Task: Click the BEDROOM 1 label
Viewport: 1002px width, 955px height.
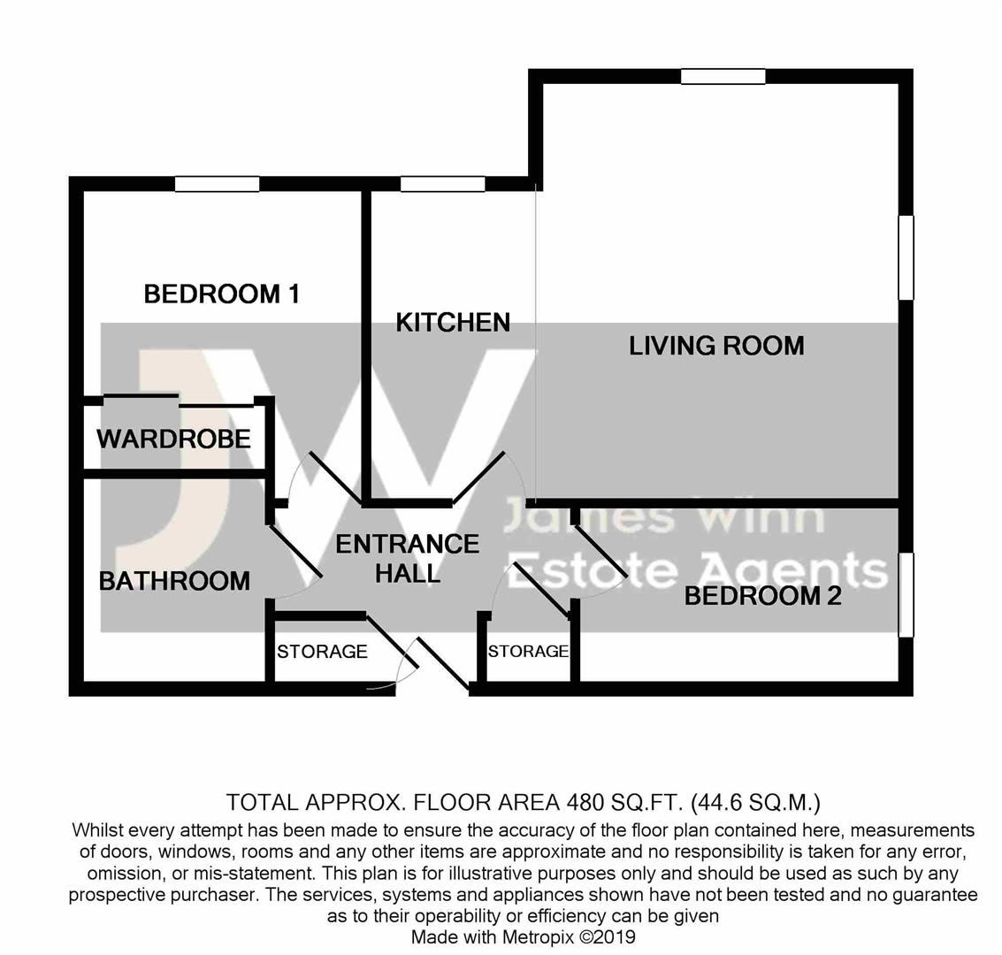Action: click(222, 294)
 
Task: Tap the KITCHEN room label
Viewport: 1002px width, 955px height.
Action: click(453, 323)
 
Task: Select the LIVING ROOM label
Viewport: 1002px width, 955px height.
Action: click(716, 346)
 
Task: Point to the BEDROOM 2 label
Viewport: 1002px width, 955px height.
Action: click(763, 596)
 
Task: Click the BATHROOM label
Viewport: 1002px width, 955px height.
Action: click(174, 581)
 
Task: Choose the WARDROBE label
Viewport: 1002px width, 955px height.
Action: click(174, 439)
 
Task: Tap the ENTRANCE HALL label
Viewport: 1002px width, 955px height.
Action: click(408, 559)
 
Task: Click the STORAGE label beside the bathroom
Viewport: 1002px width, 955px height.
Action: click(322, 652)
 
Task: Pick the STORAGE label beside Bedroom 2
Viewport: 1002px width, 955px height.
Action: click(529, 651)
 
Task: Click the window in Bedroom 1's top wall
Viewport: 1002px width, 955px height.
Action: click(218, 184)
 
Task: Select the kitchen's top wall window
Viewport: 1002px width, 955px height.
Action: click(443, 184)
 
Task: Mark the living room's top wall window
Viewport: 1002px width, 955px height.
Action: click(723, 77)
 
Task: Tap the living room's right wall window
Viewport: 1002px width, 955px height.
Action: click(906, 257)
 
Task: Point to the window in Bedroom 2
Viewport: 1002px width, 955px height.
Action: click(906, 595)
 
